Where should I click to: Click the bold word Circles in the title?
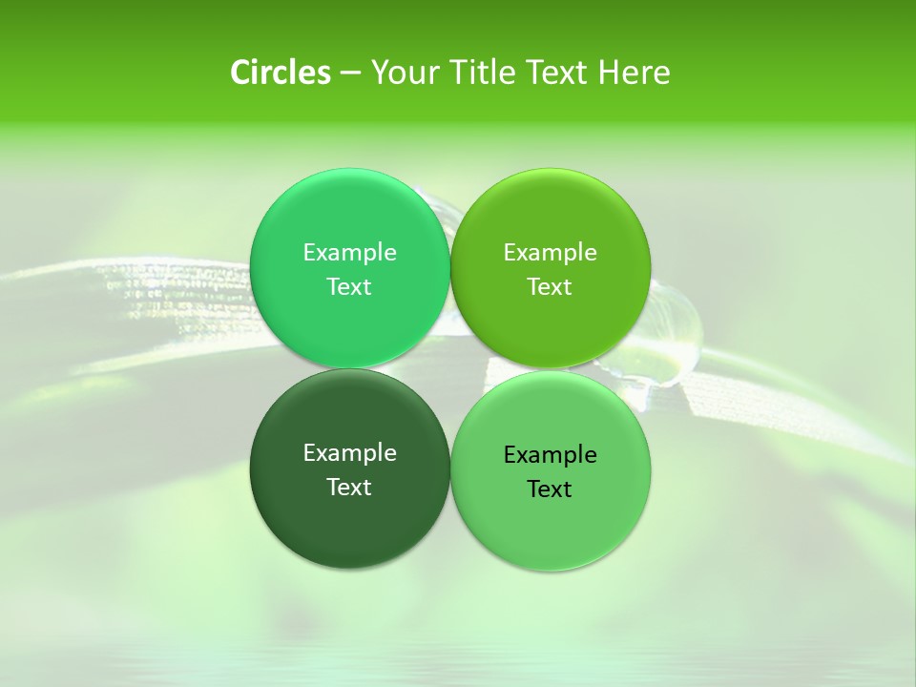tap(281, 73)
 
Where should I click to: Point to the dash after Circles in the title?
tap(350, 73)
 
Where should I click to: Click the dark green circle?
tap(349, 468)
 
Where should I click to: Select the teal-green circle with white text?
tap(349, 268)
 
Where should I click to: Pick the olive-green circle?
tap(550, 268)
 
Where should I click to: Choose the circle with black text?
tap(550, 470)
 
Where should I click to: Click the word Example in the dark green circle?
tap(349, 453)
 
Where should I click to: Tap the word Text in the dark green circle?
tap(349, 488)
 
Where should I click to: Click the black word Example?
tap(550, 455)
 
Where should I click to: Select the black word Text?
tap(550, 489)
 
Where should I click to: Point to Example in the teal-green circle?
tap(349, 253)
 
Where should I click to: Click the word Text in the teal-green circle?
tap(349, 287)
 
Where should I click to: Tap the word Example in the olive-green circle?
tap(550, 253)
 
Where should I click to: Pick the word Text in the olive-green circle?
tap(550, 287)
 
